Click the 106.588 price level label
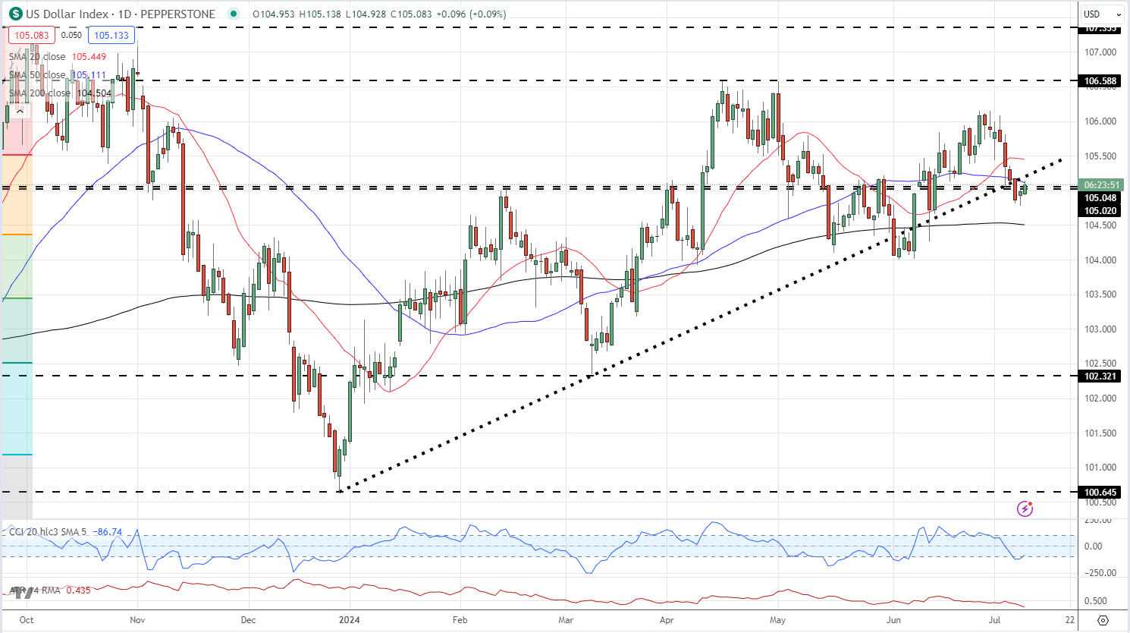coord(1100,80)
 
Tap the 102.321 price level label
coord(1100,376)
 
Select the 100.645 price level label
coord(1100,493)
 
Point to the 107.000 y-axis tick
coord(1100,52)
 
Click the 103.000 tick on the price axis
coord(1100,329)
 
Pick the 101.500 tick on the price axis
coord(1100,433)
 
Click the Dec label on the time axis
coord(248,619)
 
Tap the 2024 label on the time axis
coord(350,619)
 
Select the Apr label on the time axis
coord(667,619)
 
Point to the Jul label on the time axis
coord(994,619)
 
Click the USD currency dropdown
coord(1102,14)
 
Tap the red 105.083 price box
coord(32,35)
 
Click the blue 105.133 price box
coord(111,35)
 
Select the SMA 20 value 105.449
coord(89,57)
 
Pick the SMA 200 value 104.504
coord(94,93)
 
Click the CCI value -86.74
coord(107,532)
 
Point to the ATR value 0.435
coord(78,590)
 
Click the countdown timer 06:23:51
coord(1102,184)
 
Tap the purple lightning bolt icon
coord(1025,509)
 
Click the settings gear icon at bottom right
coord(1103,620)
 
